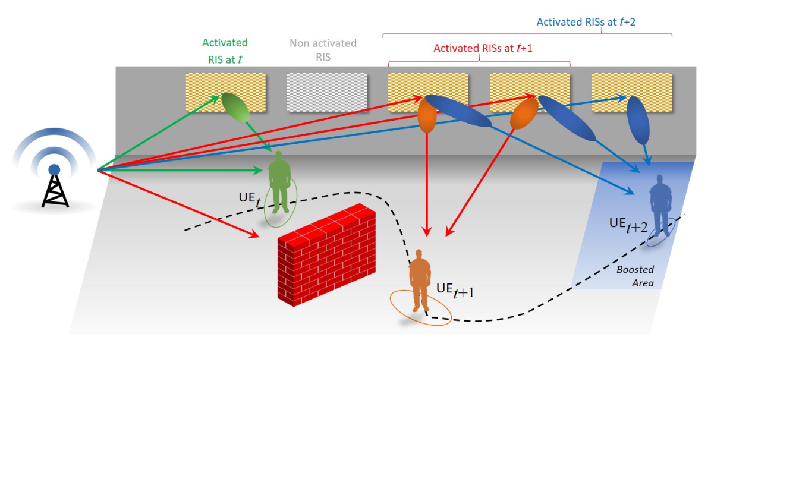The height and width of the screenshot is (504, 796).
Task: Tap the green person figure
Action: [279, 181]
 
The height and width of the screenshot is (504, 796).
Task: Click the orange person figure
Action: [420, 279]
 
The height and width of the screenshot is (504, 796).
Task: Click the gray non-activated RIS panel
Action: [326, 92]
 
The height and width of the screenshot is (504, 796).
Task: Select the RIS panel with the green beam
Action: [225, 92]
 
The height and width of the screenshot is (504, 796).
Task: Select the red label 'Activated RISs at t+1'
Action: [483, 48]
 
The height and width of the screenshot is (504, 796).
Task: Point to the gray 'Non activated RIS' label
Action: [323, 50]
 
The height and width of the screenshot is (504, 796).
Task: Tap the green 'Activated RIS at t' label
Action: [225, 50]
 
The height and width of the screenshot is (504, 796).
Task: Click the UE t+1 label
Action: [455, 289]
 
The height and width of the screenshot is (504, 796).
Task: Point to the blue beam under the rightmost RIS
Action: [638, 121]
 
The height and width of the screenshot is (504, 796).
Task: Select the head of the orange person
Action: [420, 254]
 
